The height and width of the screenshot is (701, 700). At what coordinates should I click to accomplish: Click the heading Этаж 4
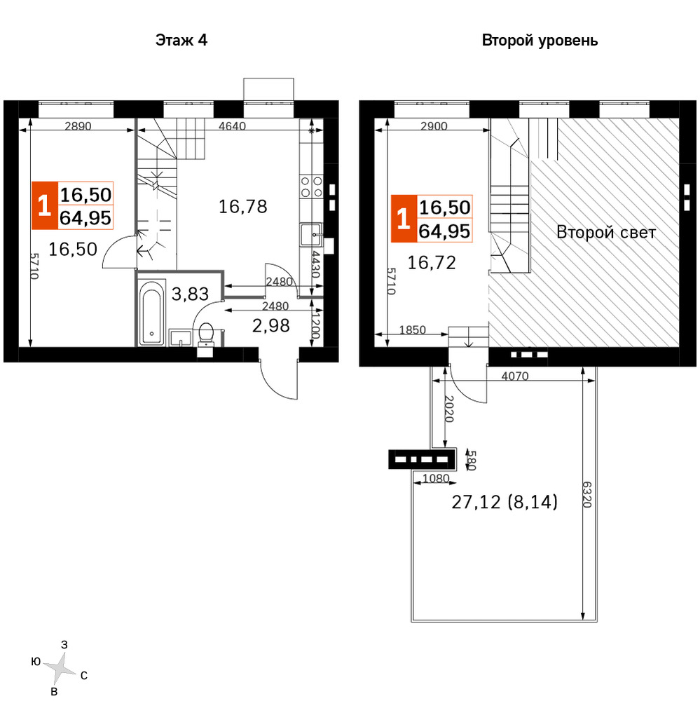tap(181, 40)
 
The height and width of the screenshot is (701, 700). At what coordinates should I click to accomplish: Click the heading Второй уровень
tap(540, 41)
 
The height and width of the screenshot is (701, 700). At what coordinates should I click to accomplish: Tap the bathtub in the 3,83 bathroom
tap(151, 313)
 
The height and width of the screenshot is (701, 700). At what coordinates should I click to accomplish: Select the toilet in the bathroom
tap(205, 334)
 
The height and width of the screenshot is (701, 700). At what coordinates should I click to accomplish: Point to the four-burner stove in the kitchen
tap(312, 187)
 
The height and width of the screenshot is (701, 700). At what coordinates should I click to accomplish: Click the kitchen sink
tap(311, 235)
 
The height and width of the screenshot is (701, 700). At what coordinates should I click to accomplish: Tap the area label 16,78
tap(242, 207)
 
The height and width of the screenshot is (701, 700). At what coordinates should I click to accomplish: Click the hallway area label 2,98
tap(271, 326)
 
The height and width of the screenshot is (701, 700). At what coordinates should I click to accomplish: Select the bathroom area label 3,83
tap(190, 294)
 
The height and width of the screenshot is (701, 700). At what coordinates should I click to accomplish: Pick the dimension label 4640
tap(232, 126)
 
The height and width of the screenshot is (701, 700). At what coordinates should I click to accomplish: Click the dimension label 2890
tap(78, 126)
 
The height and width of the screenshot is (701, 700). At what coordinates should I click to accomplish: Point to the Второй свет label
tap(606, 233)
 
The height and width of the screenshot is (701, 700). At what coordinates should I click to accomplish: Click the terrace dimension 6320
tap(587, 494)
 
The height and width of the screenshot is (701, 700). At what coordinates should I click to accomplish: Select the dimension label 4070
tap(514, 376)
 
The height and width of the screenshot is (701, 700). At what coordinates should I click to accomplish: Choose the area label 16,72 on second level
tap(432, 263)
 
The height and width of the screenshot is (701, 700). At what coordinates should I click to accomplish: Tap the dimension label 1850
tap(412, 330)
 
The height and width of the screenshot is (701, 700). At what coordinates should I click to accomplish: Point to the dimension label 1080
tap(436, 478)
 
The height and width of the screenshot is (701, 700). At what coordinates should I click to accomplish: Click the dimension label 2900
tap(434, 126)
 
